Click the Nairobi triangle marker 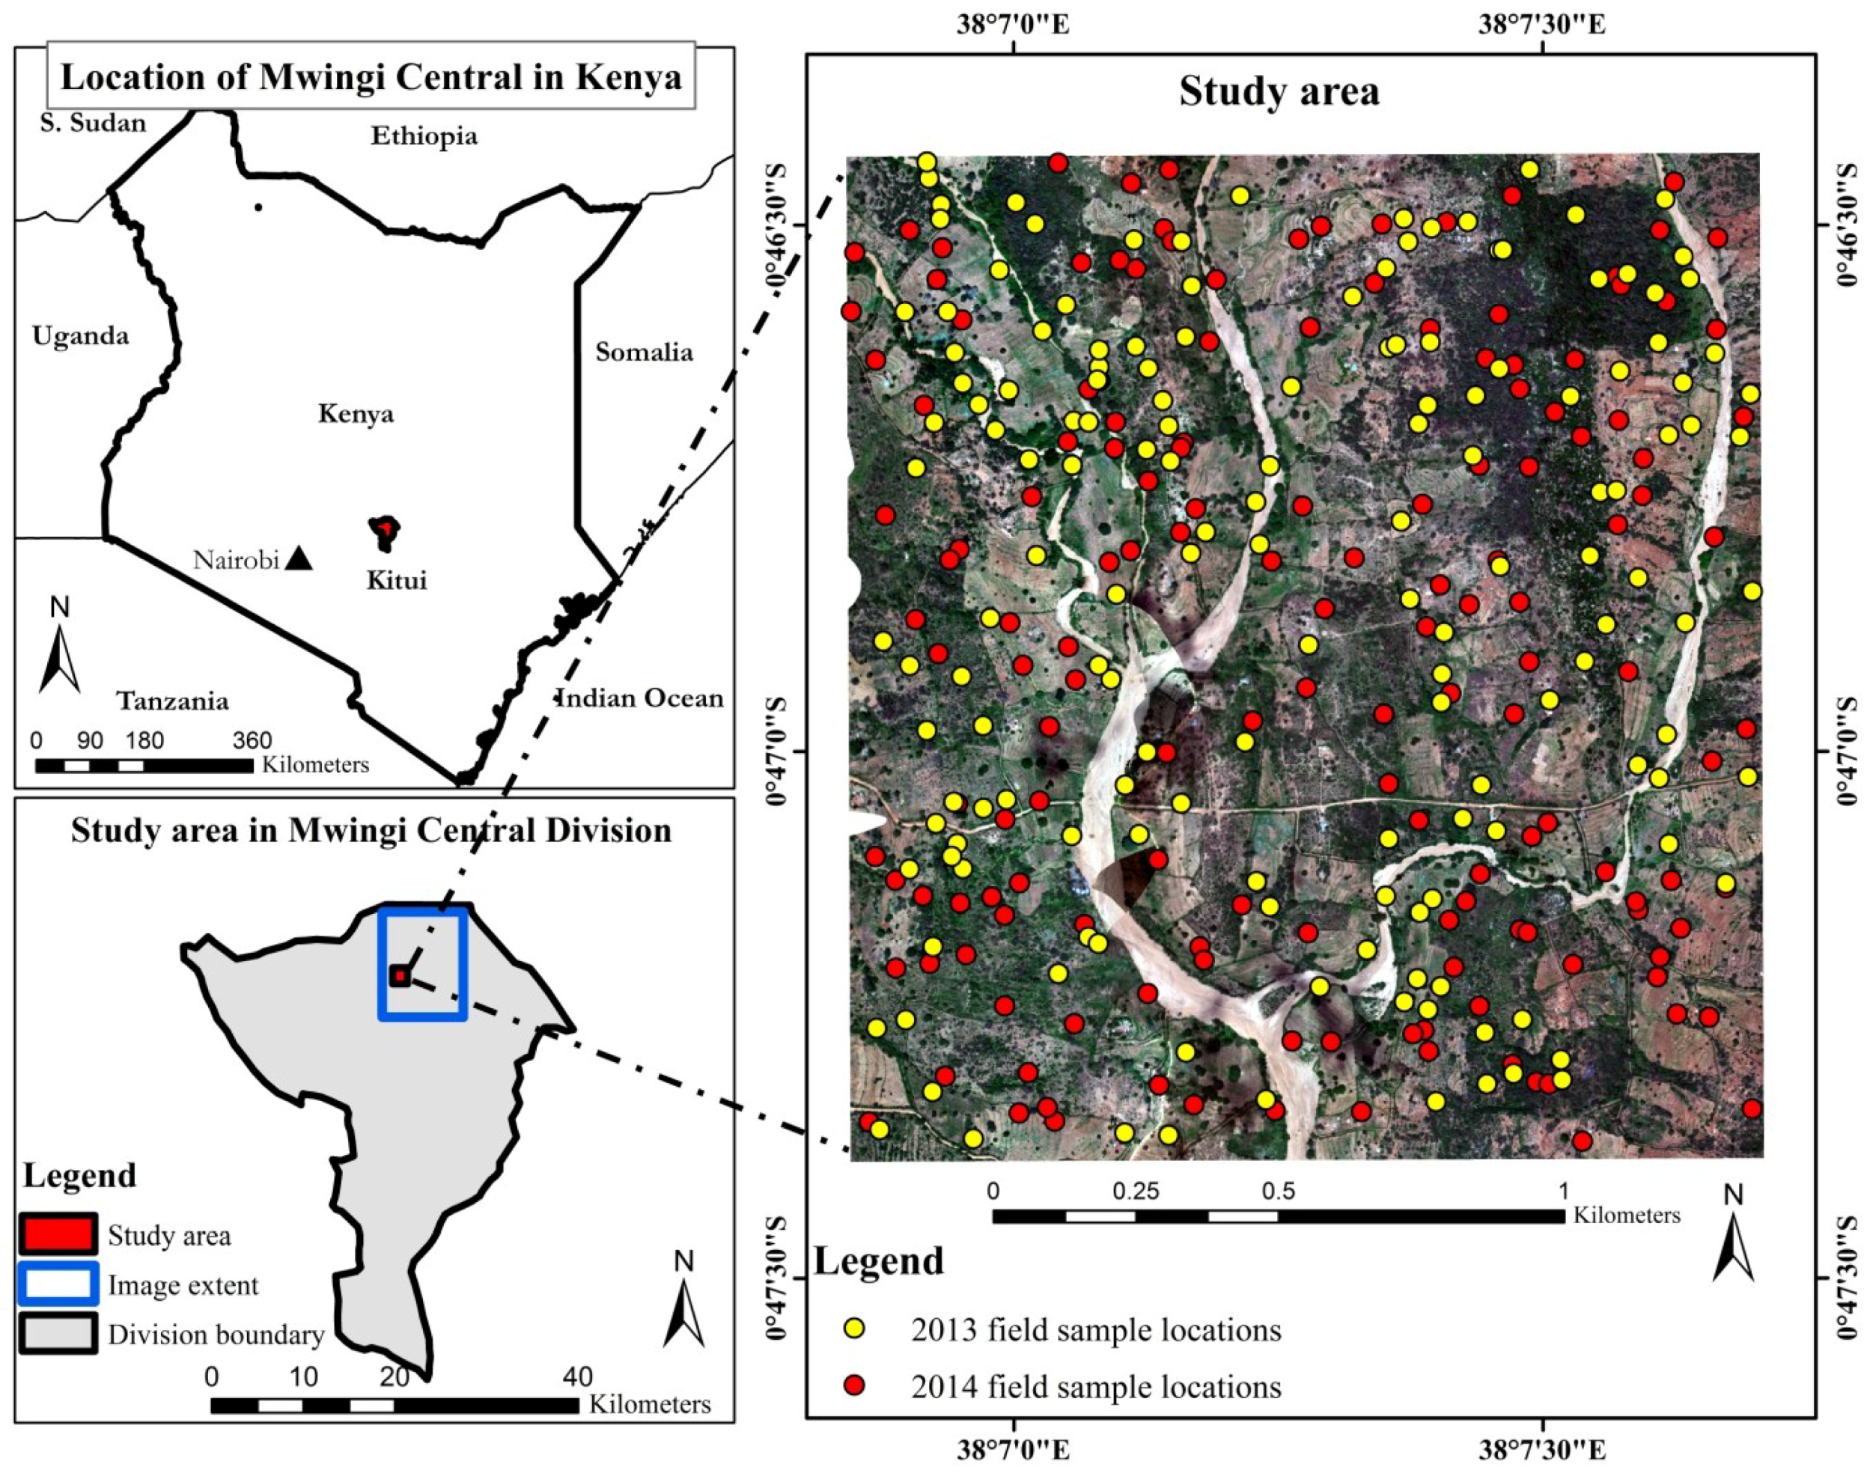tap(299, 559)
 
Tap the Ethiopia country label tap(424, 136)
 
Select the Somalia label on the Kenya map tap(644, 352)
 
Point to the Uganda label tap(80, 335)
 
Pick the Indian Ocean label tap(640, 697)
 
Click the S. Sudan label tap(93, 123)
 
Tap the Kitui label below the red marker tap(396, 579)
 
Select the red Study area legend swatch tap(57, 1235)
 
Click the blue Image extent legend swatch tap(57, 1284)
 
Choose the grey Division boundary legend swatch tap(57, 1334)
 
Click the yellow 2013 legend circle tap(854, 1329)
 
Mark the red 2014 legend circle tap(854, 1386)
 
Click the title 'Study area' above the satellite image tap(1279, 91)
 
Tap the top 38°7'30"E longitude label tap(1541, 23)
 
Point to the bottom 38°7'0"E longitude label tap(1013, 1451)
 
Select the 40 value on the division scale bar tap(577, 1376)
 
